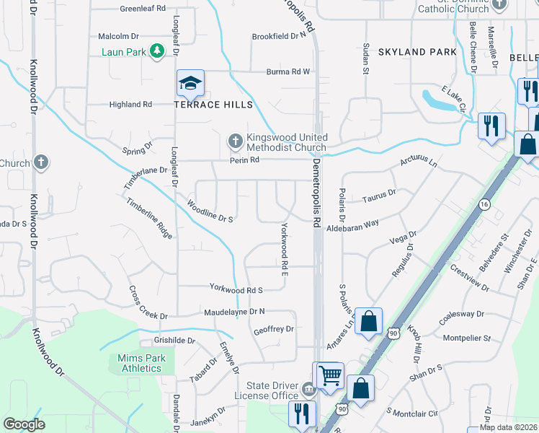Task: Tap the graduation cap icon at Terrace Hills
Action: tap(190, 84)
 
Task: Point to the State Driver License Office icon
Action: tap(308, 390)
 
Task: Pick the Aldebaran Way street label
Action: tap(352, 225)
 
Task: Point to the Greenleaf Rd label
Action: tap(143, 8)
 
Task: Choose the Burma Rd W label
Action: tap(288, 71)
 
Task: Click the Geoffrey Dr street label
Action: tap(274, 329)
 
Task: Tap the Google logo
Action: tap(24, 424)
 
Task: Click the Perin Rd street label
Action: tap(244, 160)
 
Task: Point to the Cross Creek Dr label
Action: tap(148, 303)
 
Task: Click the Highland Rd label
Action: tap(130, 104)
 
